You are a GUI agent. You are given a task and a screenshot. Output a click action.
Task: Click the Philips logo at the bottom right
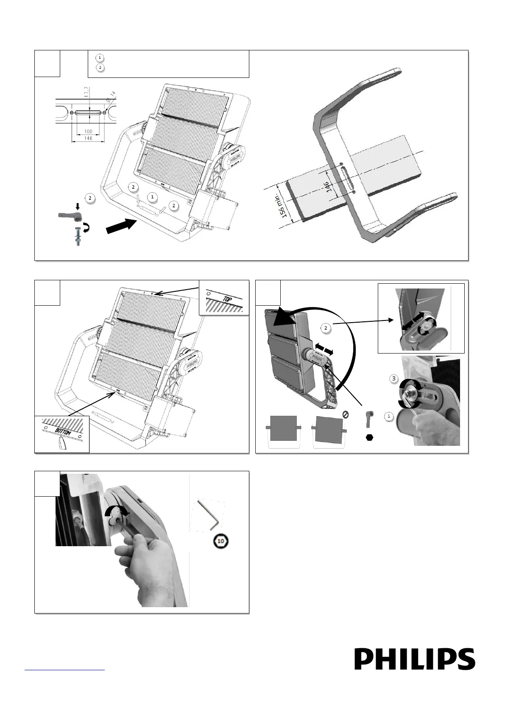point(415,659)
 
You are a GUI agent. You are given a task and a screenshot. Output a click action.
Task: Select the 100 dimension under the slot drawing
point(88,132)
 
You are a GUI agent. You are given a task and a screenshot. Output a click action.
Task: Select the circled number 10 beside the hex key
point(220,541)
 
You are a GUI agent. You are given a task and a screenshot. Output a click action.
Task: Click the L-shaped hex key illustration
point(208,514)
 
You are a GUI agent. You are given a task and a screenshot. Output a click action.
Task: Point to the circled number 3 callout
point(394,377)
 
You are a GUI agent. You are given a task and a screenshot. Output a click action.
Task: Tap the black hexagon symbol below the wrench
point(369,438)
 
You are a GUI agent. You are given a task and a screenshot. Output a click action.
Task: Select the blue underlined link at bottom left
point(64,669)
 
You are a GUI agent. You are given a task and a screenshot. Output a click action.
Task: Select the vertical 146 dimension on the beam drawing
point(327,186)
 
